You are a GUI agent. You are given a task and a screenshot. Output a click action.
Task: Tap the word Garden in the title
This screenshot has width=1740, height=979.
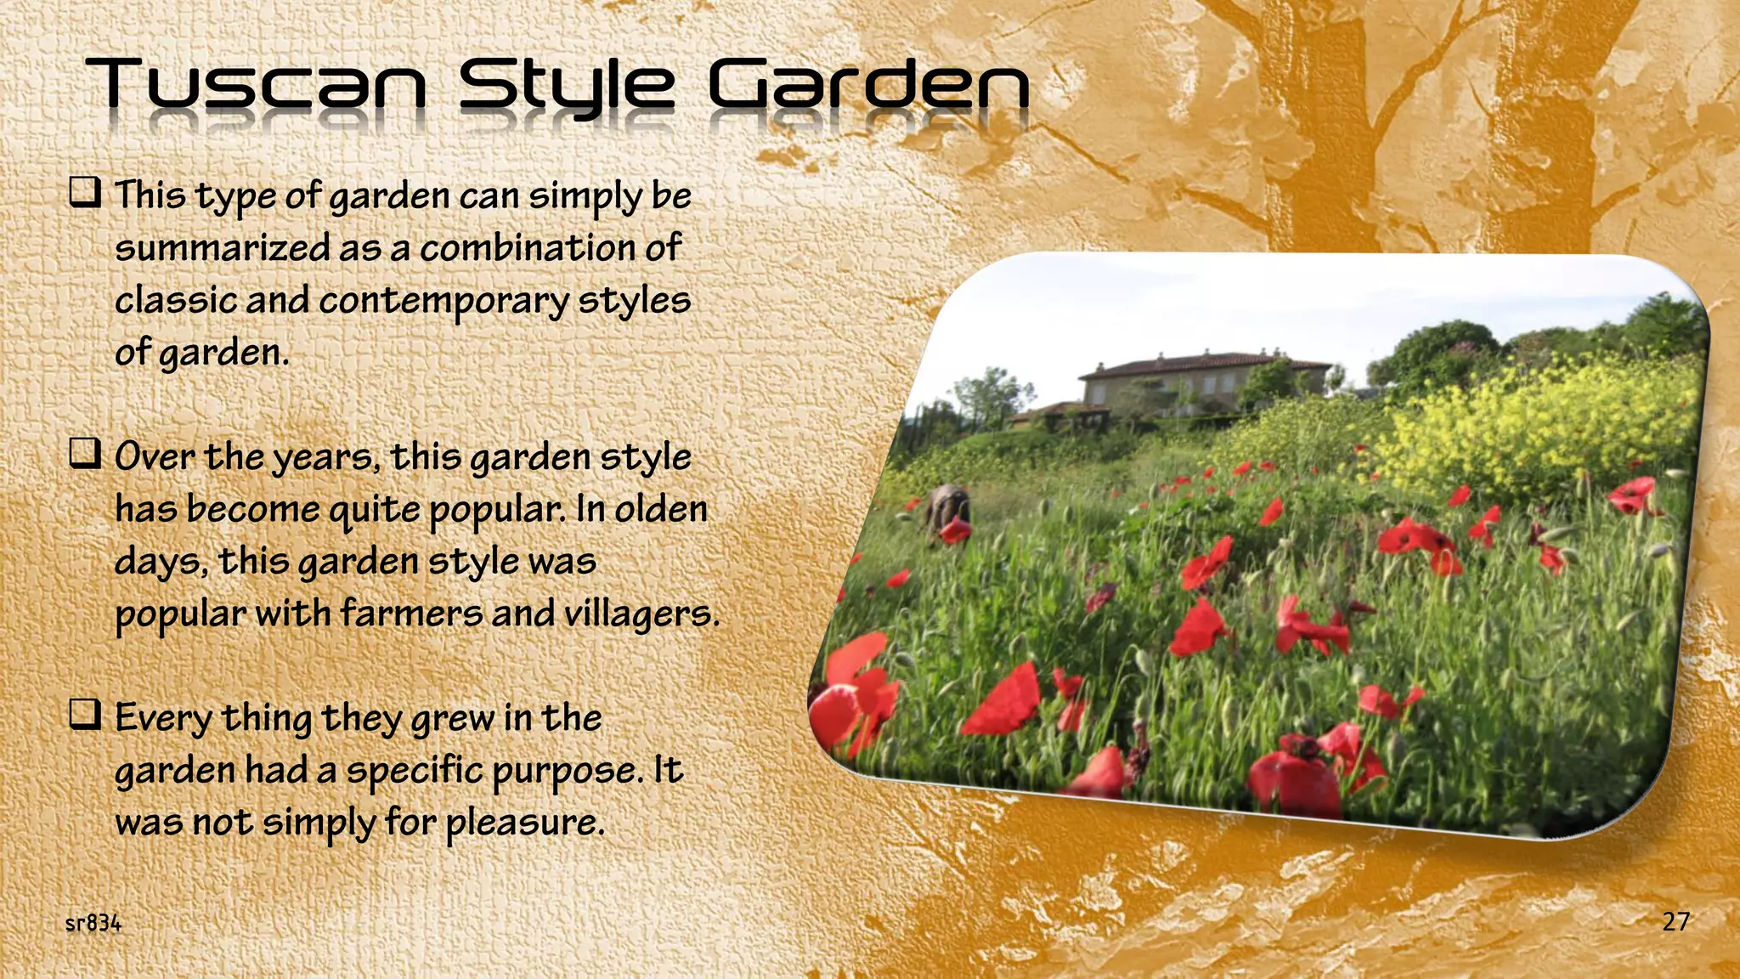(868, 85)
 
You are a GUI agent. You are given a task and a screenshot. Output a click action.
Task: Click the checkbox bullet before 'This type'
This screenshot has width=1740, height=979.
(85, 193)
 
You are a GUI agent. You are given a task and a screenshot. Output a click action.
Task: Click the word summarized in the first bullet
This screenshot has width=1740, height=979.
(223, 248)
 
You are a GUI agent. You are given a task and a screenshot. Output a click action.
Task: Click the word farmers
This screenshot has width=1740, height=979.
(411, 614)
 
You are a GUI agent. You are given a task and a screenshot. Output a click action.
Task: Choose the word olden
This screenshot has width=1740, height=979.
(661, 509)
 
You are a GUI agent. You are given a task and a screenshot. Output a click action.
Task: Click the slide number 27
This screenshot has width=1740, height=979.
(1675, 922)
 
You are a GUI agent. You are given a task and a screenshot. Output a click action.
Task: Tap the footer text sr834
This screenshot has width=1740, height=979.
(93, 924)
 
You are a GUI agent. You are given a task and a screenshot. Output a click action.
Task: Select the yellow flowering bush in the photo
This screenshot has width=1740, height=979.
(1529, 425)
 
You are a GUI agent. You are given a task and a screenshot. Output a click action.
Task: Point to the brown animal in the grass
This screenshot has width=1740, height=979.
(948, 507)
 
